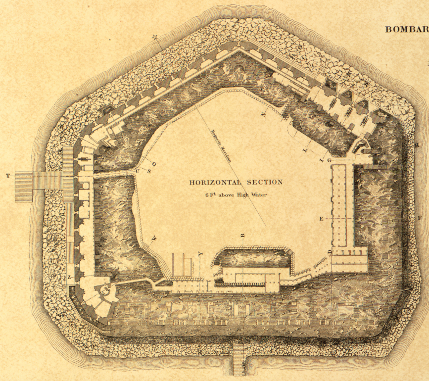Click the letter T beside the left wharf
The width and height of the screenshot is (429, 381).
7,176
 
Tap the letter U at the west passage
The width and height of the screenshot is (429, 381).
137,172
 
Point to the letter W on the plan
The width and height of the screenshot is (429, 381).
154,238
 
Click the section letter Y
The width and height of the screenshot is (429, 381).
200,254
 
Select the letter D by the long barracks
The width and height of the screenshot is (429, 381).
330,253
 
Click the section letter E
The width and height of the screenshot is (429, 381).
321,218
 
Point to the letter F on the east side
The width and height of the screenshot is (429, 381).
419,218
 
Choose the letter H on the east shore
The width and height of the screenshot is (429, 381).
417,145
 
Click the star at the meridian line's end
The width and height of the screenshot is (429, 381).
155,37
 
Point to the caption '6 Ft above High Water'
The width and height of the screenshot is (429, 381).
236,195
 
